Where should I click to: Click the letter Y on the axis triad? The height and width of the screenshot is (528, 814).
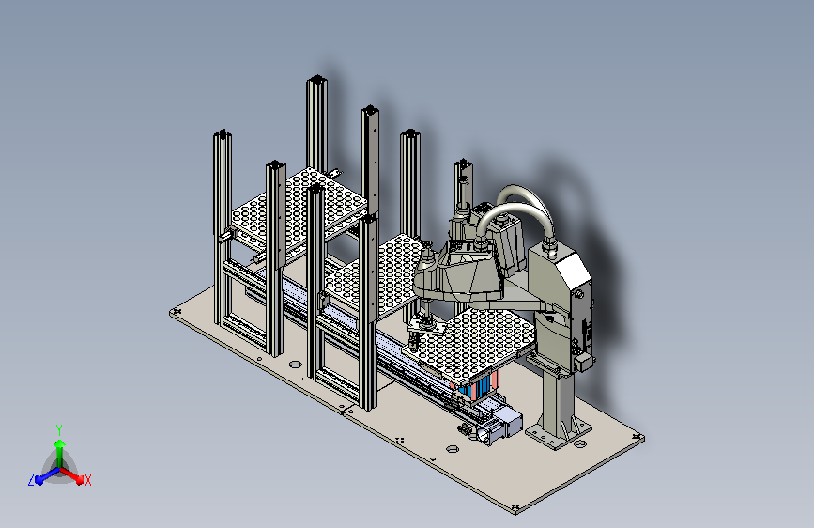click(x=59, y=429)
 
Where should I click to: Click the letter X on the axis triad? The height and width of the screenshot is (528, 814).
click(x=87, y=480)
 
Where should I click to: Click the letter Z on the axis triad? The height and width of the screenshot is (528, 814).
click(x=31, y=480)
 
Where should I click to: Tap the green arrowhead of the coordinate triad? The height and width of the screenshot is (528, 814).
click(x=60, y=443)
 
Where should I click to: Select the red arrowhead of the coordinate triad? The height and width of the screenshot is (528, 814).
click(x=80, y=478)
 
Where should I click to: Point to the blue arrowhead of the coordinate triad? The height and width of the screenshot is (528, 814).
click(x=39, y=479)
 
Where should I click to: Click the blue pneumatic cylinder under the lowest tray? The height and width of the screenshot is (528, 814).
click(x=476, y=387)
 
